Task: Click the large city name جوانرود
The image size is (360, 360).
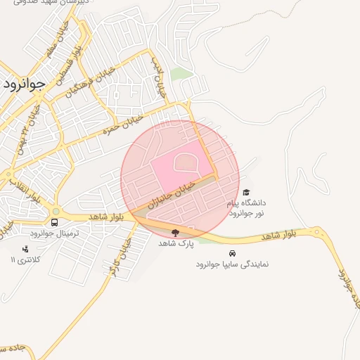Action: [24, 83]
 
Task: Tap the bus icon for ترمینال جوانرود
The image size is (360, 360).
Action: [55, 222]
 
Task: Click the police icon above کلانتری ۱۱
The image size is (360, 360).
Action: [26, 248]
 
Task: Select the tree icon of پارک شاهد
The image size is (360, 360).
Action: [175, 232]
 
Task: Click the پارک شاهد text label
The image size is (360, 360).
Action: [175, 243]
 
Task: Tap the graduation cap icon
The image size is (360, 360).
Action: [245, 192]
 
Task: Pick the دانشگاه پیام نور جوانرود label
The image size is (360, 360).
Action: [245, 207]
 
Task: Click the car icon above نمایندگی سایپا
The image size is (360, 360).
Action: [231, 253]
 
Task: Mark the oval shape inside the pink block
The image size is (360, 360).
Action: [185, 164]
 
